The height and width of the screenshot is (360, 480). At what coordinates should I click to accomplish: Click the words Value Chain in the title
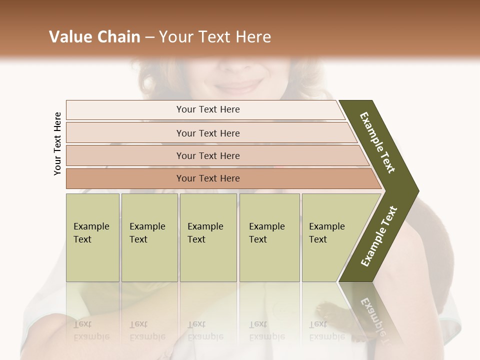click(x=94, y=37)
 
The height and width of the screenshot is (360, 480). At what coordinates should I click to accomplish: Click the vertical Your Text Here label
click(x=57, y=143)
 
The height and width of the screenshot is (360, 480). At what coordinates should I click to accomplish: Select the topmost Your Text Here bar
click(x=208, y=109)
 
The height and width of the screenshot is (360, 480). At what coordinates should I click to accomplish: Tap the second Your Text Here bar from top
click(x=208, y=133)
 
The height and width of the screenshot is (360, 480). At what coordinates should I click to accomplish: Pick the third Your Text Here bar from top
click(x=208, y=155)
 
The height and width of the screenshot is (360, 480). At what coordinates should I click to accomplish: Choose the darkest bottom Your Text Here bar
click(x=208, y=178)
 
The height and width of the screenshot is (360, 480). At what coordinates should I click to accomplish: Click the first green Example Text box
click(x=92, y=237)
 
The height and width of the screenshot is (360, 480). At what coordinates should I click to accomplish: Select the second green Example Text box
click(x=149, y=237)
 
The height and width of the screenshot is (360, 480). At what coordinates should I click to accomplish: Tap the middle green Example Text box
click(x=208, y=237)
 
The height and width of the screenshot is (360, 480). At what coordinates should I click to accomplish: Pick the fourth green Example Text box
click(x=269, y=237)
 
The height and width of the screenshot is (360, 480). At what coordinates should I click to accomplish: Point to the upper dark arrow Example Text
click(x=378, y=142)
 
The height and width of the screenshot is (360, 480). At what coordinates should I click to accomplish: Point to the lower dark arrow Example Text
click(x=379, y=236)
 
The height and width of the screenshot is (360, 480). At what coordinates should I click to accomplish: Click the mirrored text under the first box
click(x=91, y=330)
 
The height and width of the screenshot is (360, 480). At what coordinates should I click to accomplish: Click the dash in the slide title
click(x=149, y=37)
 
